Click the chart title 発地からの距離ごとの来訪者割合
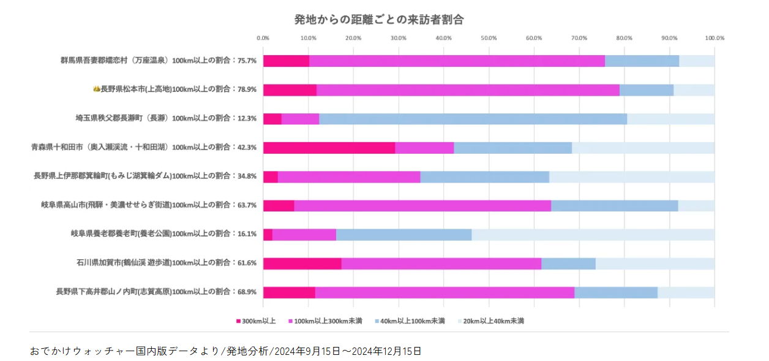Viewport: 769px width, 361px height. click(x=379, y=19)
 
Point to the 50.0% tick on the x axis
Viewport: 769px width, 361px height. click(x=489, y=38)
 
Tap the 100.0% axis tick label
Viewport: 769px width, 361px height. click(x=714, y=38)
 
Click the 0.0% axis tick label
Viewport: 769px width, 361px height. click(x=263, y=38)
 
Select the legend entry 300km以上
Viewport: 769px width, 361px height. click(x=255, y=321)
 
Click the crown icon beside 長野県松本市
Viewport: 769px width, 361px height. click(x=96, y=89)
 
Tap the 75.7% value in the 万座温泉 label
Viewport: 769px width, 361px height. click(x=247, y=61)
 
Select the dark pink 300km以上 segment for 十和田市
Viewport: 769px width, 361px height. click(x=329, y=148)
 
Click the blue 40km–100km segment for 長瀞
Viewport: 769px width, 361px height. click(x=473, y=119)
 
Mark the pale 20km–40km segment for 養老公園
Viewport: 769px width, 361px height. click(x=593, y=235)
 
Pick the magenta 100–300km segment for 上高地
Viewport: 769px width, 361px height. click(x=468, y=90)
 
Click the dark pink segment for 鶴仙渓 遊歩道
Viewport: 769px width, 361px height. click(x=302, y=264)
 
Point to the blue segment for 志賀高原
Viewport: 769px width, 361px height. click(x=615, y=292)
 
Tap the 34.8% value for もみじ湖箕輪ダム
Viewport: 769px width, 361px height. click(x=247, y=177)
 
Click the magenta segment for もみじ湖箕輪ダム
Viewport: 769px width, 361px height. click(x=349, y=177)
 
